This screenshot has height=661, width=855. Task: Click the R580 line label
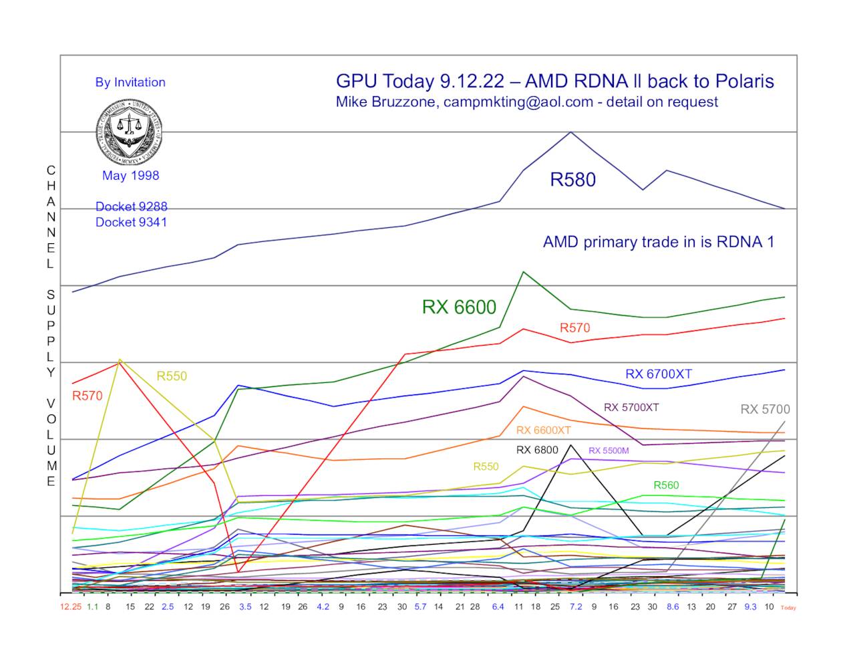pyautogui.click(x=572, y=180)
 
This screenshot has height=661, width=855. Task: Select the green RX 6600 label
pyautogui.click(x=459, y=307)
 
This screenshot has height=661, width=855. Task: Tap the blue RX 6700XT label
pyautogui.click(x=658, y=374)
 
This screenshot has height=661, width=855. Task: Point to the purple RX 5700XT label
pyautogui.click(x=631, y=407)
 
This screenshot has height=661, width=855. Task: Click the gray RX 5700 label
pyautogui.click(x=765, y=409)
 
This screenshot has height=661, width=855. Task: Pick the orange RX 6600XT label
pyautogui.click(x=543, y=430)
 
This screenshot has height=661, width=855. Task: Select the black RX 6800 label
pyautogui.click(x=537, y=450)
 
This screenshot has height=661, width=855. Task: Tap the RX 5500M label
pyautogui.click(x=609, y=450)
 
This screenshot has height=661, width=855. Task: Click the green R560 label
pyautogui.click(x=666, y=485)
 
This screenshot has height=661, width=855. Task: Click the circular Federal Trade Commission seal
pyautogui.click(x=129, y=133)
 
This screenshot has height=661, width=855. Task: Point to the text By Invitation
pyautogui.click(x=130, y=82)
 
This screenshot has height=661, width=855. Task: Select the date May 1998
pyautogui.click(x=130, y=176)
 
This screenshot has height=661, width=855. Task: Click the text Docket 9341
pyautogui.click(x=131, y=222)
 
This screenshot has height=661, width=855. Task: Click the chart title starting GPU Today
pyautogui.click(x=554, y=82)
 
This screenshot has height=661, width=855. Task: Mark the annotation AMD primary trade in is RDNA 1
pyautogui.click(x=658, y=242)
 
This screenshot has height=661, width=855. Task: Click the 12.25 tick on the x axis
pyautogui.click(x=70, y=607)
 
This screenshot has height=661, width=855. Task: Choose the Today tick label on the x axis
pyautogui.click(x=788, y=608)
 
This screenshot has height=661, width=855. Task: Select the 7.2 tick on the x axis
pyautogui.click(x=575, y=607)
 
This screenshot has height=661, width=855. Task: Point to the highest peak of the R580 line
pyautogui.click(x=570, y=132)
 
